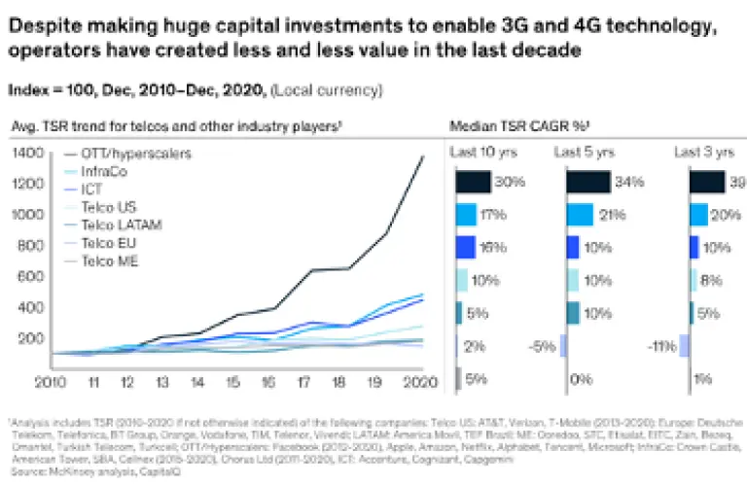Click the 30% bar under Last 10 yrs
(473, 181)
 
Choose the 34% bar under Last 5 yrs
(587, 181)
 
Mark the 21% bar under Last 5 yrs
(580, 214)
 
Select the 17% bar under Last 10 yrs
(466, 214)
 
